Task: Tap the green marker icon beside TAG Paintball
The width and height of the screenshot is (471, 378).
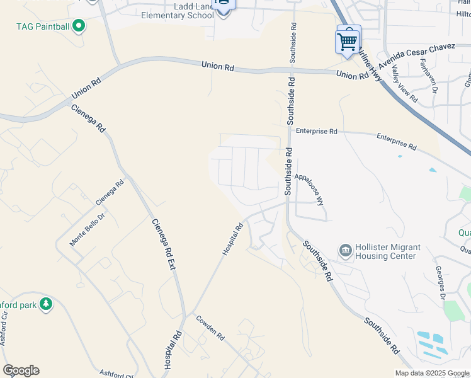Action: tap(79, 26)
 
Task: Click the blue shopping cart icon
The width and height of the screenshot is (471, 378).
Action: tap(348, 42)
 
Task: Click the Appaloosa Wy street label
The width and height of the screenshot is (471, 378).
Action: tap(310, 189)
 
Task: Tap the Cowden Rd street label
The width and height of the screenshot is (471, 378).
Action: tap(210, 328)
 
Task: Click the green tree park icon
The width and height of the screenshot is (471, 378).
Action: tap(45, 304)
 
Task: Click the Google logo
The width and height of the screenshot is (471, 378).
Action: tap(21, 370)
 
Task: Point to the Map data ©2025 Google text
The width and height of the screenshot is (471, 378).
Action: tap(431, 373)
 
